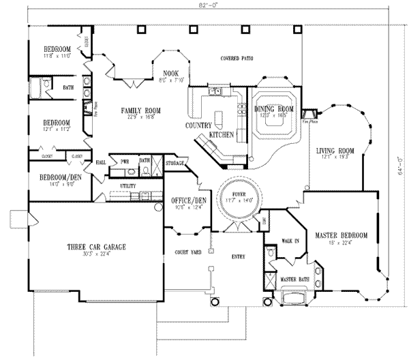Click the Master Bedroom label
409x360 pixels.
click(341, 236)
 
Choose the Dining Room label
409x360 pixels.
click(273, 109)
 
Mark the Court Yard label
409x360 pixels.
click(187, 252)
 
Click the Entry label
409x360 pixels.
click(238, 256)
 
